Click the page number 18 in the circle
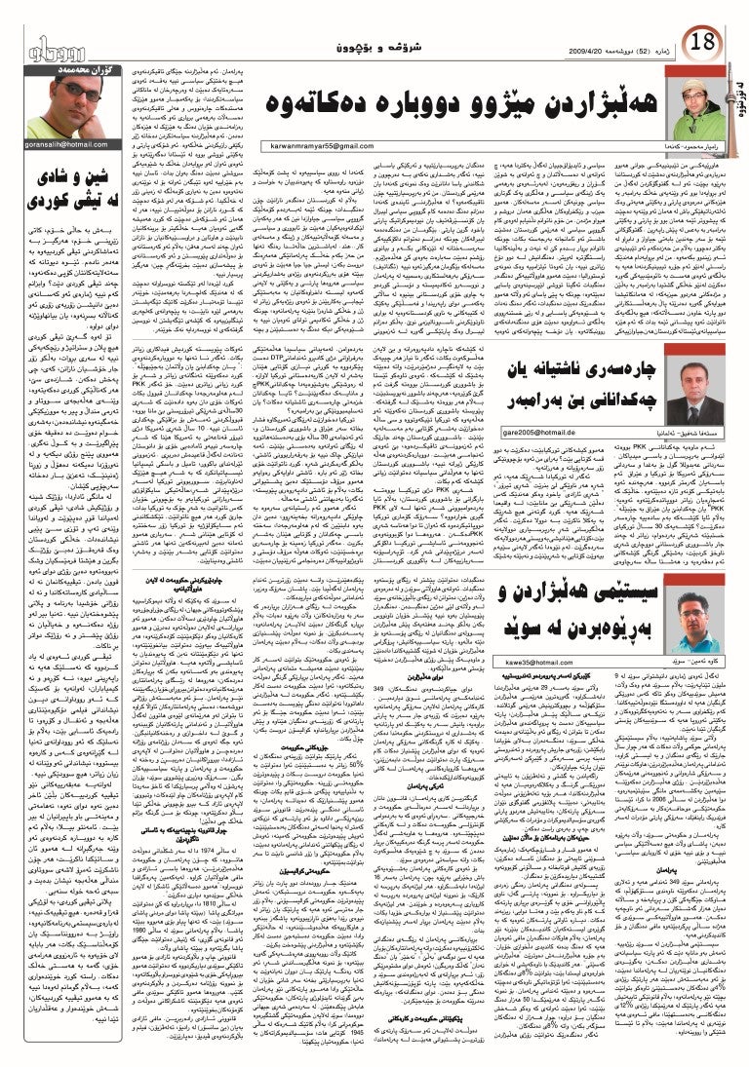coord(701,43)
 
